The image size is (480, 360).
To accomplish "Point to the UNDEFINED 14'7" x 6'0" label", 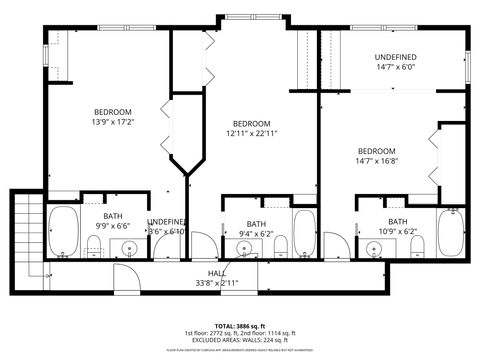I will [395, 63].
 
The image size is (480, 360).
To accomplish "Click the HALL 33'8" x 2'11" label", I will [217, 278].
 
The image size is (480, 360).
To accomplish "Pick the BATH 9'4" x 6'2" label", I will [257, 229].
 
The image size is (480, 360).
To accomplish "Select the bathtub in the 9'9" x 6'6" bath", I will [65, 232].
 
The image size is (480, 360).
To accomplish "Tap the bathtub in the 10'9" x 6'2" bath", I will [451, 232].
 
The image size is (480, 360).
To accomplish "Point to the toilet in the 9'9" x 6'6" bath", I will [95, 247].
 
